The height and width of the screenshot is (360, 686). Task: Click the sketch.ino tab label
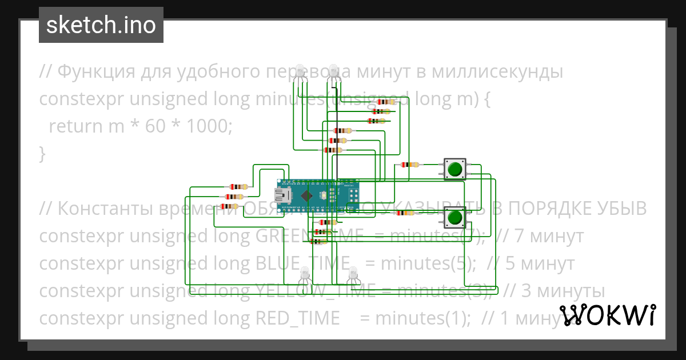101,25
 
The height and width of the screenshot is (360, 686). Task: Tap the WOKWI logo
607,315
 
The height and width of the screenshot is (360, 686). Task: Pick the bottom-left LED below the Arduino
305,275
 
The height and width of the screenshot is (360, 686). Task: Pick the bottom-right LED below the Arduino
354,275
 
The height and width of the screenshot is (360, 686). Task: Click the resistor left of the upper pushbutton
410,165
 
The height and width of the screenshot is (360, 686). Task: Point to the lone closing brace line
42,153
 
